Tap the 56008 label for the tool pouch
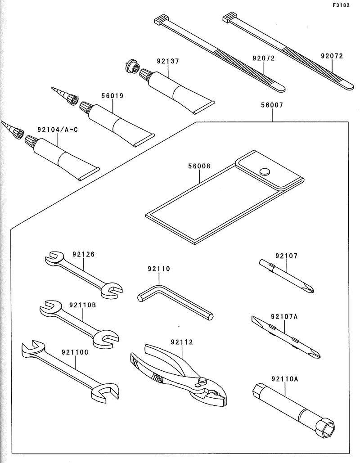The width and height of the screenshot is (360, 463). pos(199,166)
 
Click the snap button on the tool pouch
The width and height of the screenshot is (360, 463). pos(264,171)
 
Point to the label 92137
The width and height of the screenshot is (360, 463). pos(168,61)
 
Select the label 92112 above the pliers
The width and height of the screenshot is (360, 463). pos(181,342)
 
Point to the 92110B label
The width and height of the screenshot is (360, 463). pos(82,305)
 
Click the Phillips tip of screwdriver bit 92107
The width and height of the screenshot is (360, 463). pos(310,288)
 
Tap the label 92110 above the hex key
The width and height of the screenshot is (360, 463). pos(158,269)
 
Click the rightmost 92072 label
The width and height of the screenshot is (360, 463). pos(332,56)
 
